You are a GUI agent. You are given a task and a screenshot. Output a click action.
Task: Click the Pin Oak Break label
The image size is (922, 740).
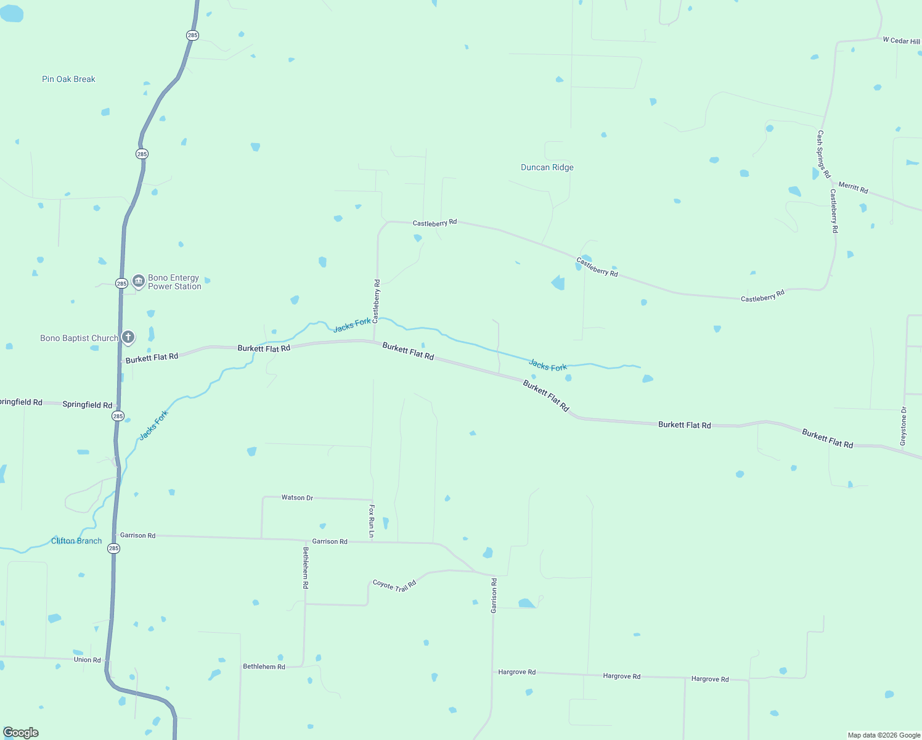68,79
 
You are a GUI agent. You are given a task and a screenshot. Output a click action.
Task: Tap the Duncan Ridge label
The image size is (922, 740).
547,167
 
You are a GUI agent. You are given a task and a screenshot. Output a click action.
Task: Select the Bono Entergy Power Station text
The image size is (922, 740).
174,282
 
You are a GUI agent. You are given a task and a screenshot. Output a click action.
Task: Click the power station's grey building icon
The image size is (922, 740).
139,281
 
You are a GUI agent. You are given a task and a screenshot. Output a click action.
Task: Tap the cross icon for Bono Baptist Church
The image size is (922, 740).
128,337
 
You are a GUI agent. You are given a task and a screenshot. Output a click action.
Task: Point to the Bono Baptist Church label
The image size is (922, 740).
79,338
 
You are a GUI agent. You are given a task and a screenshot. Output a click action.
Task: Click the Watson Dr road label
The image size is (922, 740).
297,498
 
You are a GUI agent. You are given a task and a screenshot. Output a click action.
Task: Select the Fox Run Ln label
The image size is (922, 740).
372,520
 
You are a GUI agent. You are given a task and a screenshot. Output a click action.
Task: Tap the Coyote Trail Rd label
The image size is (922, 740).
394,585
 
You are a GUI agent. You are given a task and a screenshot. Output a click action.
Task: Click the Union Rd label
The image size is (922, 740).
87,660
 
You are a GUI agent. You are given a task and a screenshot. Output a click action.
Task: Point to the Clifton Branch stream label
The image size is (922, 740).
76,541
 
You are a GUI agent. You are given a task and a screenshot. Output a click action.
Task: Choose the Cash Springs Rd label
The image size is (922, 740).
824,154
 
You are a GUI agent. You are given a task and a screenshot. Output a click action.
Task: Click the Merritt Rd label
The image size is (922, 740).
853,188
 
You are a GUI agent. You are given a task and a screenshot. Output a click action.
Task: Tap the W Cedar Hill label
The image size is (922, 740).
901,41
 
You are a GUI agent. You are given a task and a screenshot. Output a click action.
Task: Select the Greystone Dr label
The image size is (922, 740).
904,426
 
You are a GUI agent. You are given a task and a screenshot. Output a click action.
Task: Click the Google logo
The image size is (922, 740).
21,733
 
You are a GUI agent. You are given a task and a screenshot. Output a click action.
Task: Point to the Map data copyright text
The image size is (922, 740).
884,735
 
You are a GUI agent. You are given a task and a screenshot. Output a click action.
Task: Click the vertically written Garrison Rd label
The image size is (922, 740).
494,595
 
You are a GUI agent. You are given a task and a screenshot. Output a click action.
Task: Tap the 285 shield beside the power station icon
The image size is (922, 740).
121,284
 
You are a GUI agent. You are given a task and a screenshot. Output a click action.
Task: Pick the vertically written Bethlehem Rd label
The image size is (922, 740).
306,567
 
